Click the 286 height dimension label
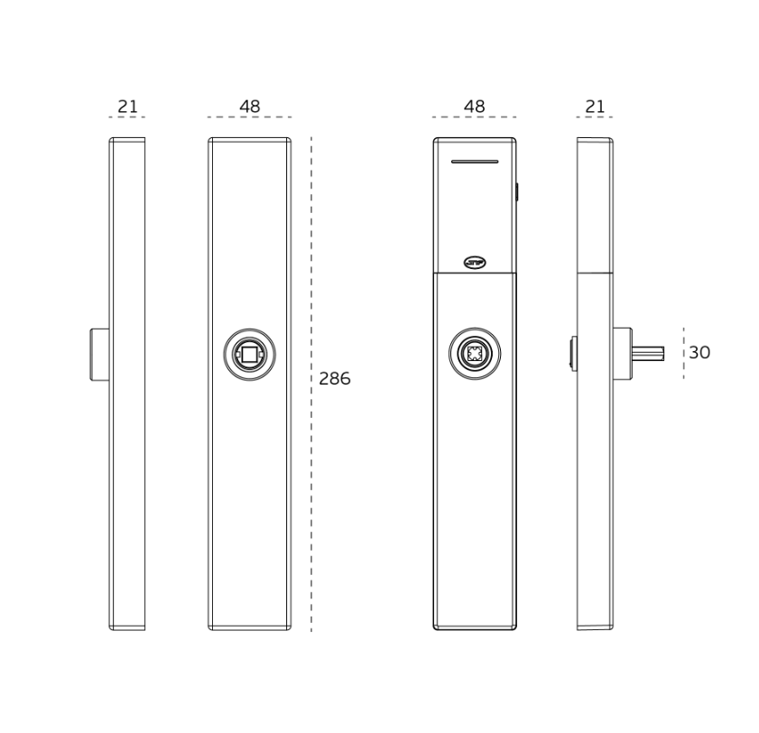pyautogui.click(x=335, y=378)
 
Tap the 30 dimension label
pyautogui.click(x=699, y=352)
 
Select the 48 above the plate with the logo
pyautogui.click(x=475, y=107)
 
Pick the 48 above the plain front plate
pyautogui.click(x=250, y=107)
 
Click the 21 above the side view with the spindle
pyautogui.click(x=595, y=107)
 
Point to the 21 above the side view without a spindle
pyautogui.click(x=128, y=107)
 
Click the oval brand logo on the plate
pyautogui.click(x=475, y=263)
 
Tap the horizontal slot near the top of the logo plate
pyautogui.click(x=475, y=162)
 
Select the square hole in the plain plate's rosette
pyautogui.click(x=250, y=355)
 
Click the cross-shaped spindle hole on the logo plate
pyautogui.click(x=475, y=354)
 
